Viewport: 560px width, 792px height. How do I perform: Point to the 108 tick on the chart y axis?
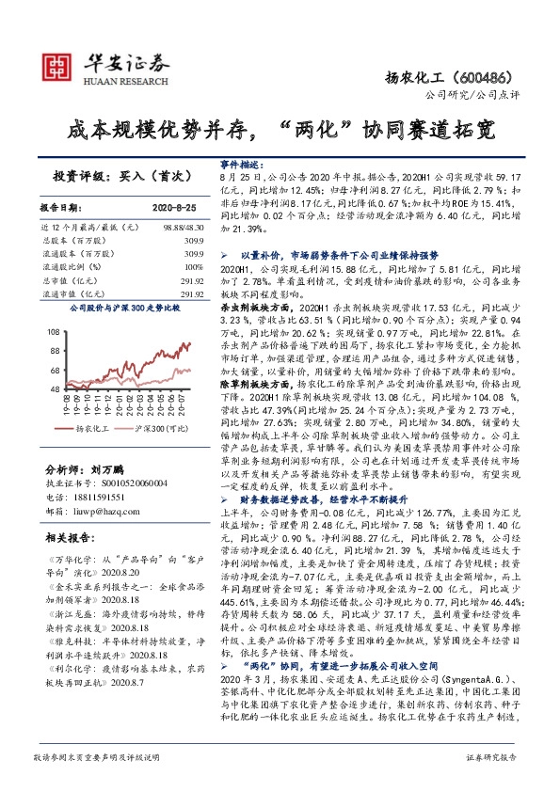(x=55, y=332)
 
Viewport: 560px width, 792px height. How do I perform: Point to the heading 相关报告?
(x=67, y=537)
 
